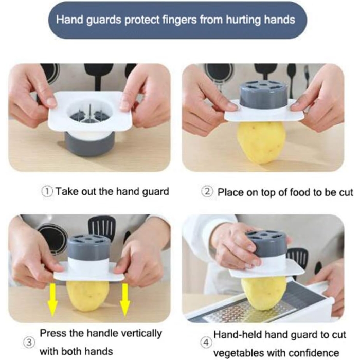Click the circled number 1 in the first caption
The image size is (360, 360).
pos(47,192)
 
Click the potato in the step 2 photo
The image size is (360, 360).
pos(261,139)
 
